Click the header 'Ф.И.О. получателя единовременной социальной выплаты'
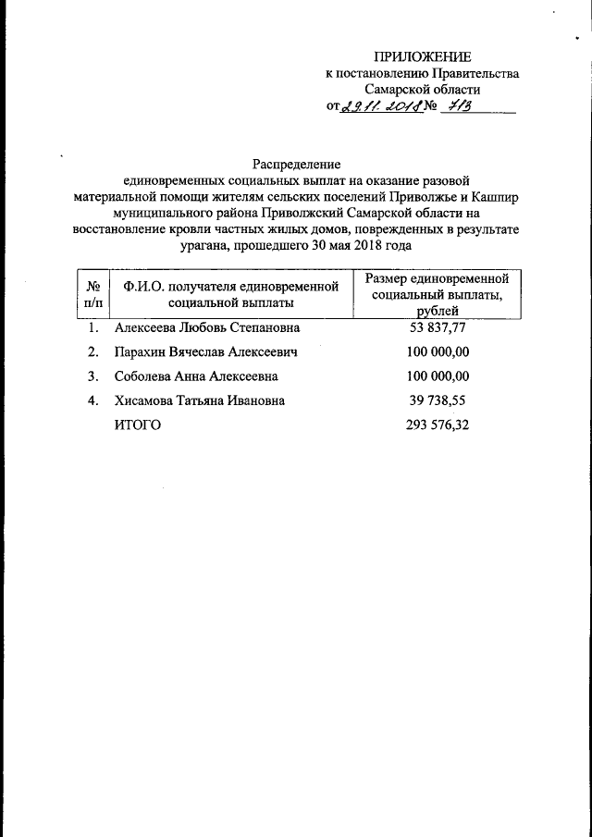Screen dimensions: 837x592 [x=231, y=293]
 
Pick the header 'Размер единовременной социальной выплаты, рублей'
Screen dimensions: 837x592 [x=438, y=294]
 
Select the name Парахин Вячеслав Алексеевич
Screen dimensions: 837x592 [x=205, y=351]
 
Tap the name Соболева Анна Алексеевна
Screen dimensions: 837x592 [x=196, y=376]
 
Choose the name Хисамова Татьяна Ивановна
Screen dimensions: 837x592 [x=199, y=400]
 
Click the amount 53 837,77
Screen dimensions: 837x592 [x=438, y=327]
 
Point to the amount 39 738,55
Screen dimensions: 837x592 [x=438, y=400]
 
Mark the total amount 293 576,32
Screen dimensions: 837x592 [x=438, y=425]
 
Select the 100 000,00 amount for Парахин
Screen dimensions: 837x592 [x=438, y=351]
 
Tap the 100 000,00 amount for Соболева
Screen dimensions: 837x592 [x=438, y=376]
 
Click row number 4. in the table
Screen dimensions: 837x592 [x=92, y=400]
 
